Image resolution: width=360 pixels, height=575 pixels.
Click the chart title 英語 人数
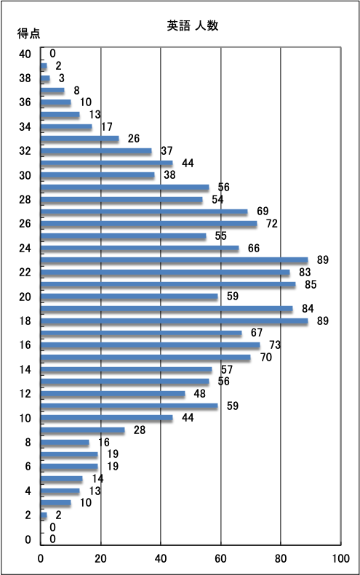[193, 25]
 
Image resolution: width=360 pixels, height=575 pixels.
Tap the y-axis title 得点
[28, 33]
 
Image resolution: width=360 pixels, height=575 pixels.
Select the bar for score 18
[175, 321]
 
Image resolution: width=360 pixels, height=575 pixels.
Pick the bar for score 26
[148, 224]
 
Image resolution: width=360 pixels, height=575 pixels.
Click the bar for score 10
[107, 418]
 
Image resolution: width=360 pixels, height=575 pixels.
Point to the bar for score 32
[96, 151]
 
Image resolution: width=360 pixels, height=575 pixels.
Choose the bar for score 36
[56, 102]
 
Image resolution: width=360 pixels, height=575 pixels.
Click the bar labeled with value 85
[168, 284]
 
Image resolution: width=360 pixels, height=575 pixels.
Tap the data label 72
[272, 223]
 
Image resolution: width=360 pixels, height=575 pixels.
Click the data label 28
[140, 430]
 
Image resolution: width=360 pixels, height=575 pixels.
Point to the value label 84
[308, 309]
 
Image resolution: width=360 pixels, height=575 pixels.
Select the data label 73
[275, 345]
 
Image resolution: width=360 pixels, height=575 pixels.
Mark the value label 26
[134, 138]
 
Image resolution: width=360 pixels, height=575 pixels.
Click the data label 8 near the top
[76, 90]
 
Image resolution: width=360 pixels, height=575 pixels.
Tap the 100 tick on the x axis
[341, 558]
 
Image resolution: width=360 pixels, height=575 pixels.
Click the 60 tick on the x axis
[220, 558]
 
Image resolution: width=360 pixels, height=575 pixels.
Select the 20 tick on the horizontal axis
[100, 558]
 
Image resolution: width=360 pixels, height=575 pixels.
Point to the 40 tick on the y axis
[25, 54]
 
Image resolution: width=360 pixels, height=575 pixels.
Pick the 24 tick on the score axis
[25, 249]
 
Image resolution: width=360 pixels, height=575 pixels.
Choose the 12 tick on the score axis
[25, 394]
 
